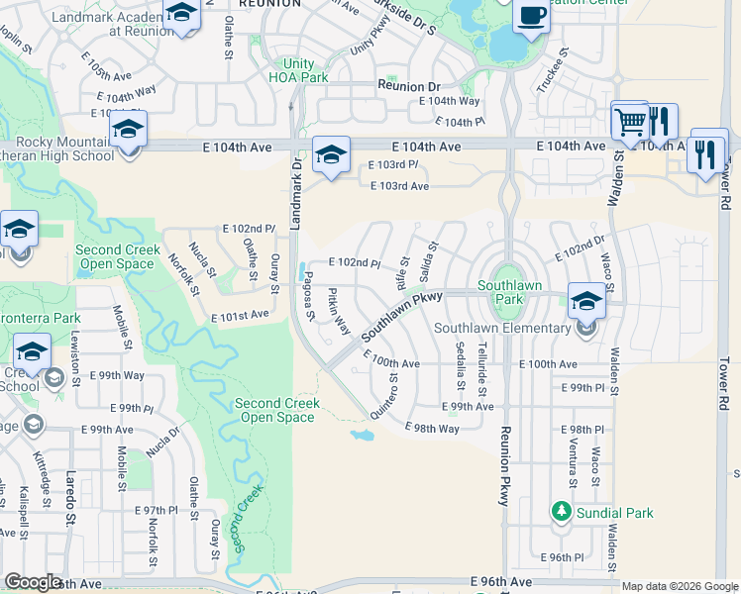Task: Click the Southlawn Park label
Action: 501,291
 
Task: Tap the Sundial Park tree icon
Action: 561,511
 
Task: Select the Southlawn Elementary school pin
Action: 585,300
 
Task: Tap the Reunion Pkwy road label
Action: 504,466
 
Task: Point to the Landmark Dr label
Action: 294,194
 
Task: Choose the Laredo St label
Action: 70,504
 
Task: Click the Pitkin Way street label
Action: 339,309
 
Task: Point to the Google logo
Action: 35,582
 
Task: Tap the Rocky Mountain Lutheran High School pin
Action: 129,131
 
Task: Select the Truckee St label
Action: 564,66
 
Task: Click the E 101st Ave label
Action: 240,315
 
